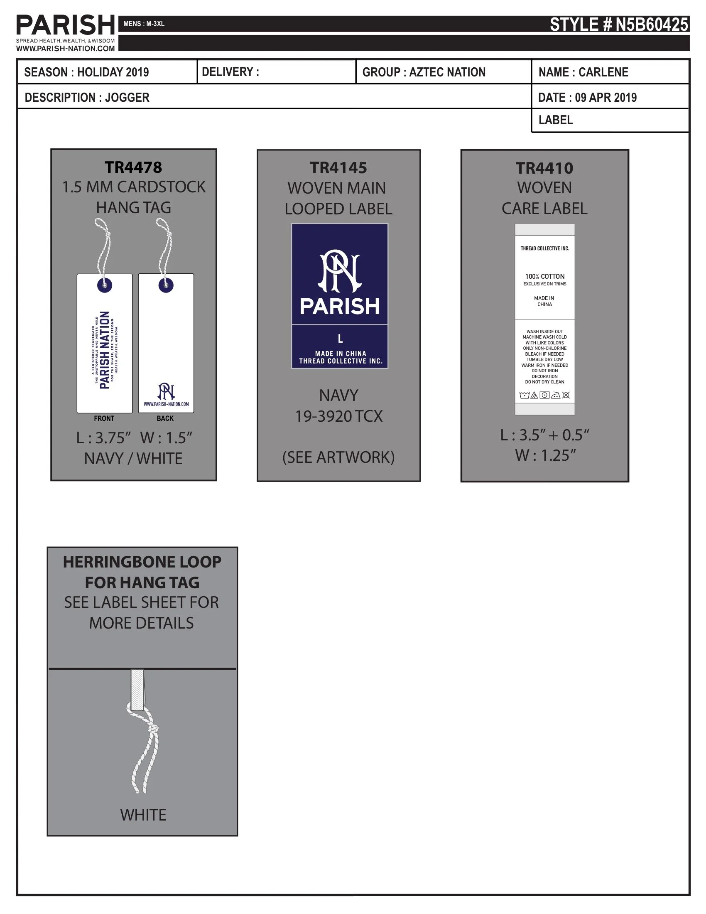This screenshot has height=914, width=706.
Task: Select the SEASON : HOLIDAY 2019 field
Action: (86, 72)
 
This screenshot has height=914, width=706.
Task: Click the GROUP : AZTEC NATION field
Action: (424, 72)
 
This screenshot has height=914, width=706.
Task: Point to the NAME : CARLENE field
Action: (583, 72)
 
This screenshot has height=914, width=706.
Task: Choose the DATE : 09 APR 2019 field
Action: (587, 97)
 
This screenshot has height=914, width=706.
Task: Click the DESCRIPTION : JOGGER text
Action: (87, 97)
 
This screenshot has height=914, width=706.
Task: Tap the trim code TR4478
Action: (133, 167)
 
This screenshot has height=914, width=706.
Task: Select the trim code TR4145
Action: (338, 168)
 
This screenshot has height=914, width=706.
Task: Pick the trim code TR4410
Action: (544, 168)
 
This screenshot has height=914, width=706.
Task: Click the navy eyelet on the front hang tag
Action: (105, 285)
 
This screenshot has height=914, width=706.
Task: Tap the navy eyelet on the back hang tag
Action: (166, 285)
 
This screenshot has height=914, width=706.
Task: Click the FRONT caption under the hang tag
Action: (104, 418)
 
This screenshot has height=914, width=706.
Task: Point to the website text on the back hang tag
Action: (166, 404)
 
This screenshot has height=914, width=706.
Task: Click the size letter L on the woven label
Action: (340, 339)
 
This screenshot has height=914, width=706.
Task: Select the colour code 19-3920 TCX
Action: (339, 416)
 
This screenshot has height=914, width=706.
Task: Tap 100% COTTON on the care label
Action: (544, 276)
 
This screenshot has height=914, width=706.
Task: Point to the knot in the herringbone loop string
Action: (154, 729)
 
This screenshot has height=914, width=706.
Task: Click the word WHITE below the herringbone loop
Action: (143, 814)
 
